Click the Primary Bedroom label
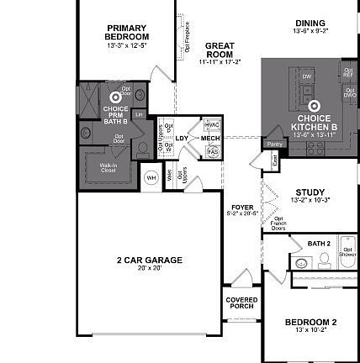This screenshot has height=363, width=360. click(x=127, y=32)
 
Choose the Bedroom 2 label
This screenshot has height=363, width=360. click(x=310, y=321)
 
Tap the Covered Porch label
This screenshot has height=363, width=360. click(x=241, y=302)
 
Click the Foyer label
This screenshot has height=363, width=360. click(x=241, y=208)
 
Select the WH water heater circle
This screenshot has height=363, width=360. click(x=151, y=177)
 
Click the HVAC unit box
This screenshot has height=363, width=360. click(x=212, y=124)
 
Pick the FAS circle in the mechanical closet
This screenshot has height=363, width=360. click(x=212, y=151)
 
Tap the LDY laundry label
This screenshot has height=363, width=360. click(x=181, y=138)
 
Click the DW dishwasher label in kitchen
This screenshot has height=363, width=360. click(x=307, y=76)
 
